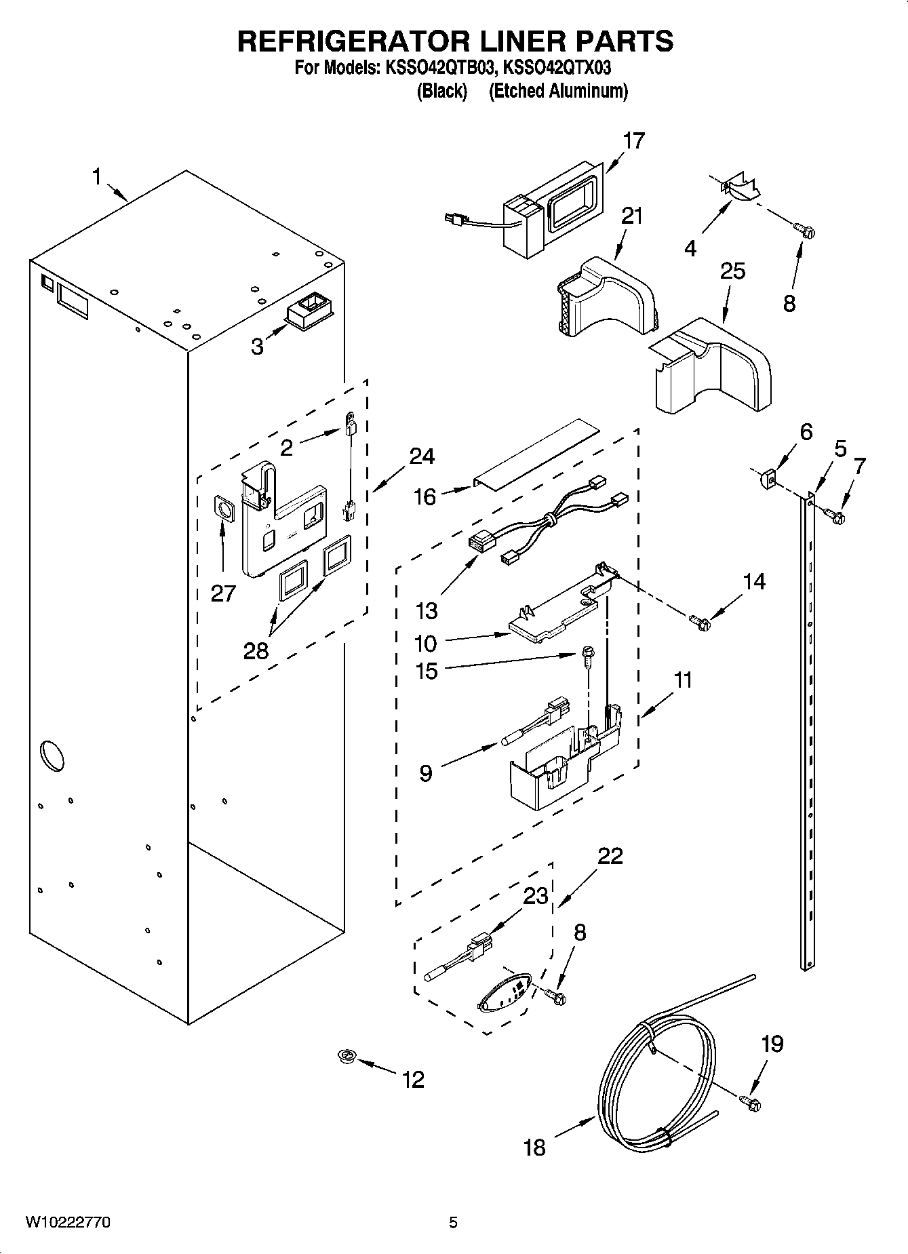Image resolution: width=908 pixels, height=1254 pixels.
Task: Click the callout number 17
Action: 633,141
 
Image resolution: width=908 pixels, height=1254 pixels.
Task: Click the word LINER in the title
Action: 518,41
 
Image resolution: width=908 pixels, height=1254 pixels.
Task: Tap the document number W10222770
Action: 68,1222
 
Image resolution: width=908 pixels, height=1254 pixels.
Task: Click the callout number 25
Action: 732,271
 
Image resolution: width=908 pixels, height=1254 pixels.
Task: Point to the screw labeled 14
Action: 698,621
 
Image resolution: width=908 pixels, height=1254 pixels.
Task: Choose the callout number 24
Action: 421,456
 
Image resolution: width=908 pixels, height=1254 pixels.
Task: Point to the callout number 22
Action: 610,856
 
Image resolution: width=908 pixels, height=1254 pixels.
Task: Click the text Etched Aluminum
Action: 558,91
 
